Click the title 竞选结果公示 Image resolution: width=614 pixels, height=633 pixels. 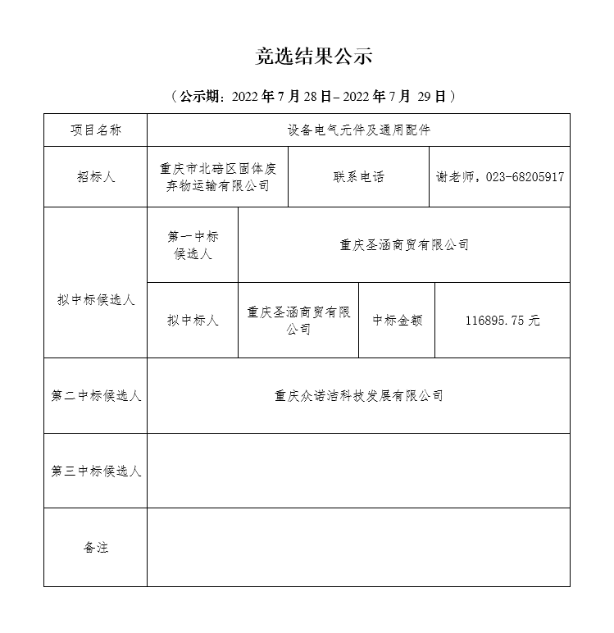(314, 57)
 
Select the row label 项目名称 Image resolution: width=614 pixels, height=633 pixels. (95, 130)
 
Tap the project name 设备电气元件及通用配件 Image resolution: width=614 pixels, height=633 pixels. (358, 130)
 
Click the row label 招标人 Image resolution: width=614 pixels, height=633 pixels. (95, 177)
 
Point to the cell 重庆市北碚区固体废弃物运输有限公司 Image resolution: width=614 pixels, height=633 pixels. (217, 177)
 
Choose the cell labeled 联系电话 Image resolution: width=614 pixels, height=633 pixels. (358, 177)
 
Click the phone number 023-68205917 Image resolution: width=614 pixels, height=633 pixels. (525, 177)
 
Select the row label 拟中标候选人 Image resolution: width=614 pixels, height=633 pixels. (95, 300)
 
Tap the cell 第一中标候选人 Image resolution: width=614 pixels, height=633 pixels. (193, 245)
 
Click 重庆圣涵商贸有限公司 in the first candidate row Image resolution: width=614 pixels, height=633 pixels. (403, 245)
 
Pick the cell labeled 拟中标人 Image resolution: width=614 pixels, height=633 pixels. (193, 321)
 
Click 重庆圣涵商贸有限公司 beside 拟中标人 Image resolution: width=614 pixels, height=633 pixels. (298, 321)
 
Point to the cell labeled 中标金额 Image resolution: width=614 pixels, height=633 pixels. (397, 321)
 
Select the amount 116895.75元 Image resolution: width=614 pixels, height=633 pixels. (502, 321)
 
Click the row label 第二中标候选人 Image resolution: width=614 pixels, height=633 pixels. (95, 396)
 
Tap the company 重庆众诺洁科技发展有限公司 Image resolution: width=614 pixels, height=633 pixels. (358, 396)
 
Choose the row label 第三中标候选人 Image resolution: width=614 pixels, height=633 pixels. (95, 471)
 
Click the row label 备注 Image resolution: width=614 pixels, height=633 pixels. (95, 547)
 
